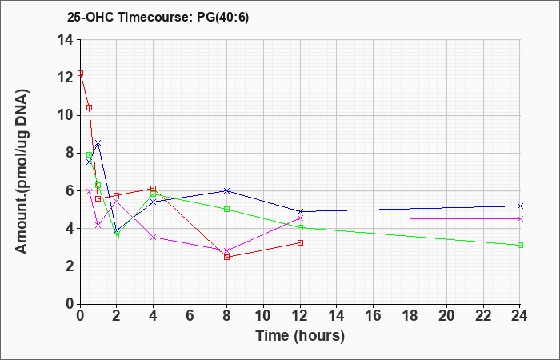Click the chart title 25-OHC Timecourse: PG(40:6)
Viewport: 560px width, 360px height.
[x=158, y=18]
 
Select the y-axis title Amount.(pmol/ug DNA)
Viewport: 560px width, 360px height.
[x=22, y=171]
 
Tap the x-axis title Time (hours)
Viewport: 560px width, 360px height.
[x=300, y=336]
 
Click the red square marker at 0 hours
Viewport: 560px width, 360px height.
[x=80, y=74]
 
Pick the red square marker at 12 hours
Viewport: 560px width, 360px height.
[x=300, y=243]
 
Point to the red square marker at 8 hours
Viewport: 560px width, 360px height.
[x=226, y=257]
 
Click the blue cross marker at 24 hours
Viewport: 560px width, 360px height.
[x=520, y=206]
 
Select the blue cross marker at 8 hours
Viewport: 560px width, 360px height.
[x=226, y=190]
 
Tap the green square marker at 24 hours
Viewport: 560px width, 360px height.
[x=520, y=246]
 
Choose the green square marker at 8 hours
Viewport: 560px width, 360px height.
[x=226, y=210]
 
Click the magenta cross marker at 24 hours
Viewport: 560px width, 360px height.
[x=520, y=219]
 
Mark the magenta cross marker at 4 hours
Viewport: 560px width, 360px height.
[x=154, y=237]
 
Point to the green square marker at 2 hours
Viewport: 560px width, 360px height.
[x=117, y=236]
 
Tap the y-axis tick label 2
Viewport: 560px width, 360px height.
[x=70, y=266]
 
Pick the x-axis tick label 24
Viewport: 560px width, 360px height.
[x=518, y=316]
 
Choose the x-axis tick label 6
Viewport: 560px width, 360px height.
[x=190, y=316]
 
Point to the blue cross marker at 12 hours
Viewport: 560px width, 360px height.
[x=300, y=212]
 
